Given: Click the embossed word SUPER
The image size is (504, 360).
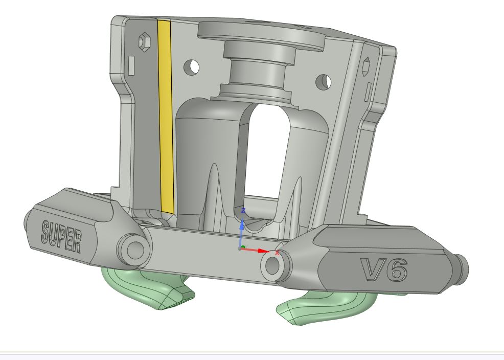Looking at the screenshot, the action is [x=61, y=236].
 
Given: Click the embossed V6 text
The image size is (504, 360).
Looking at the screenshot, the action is [x=384, y=269].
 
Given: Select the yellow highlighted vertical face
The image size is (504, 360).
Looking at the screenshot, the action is [x=166, y=117].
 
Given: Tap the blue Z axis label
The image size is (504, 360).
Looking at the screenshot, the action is [x=243, y=211].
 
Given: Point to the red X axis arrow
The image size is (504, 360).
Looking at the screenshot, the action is [x=256, y=250].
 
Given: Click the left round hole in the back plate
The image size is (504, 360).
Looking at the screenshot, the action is [x=192, y=67].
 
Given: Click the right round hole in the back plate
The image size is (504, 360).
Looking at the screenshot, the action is [x=324, y=82].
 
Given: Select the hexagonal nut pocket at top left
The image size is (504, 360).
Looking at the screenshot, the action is [x=144, y=41].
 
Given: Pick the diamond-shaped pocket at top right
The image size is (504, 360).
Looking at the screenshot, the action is [x=366, y=66].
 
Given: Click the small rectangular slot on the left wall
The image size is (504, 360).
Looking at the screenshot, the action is [x=131, y=66].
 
